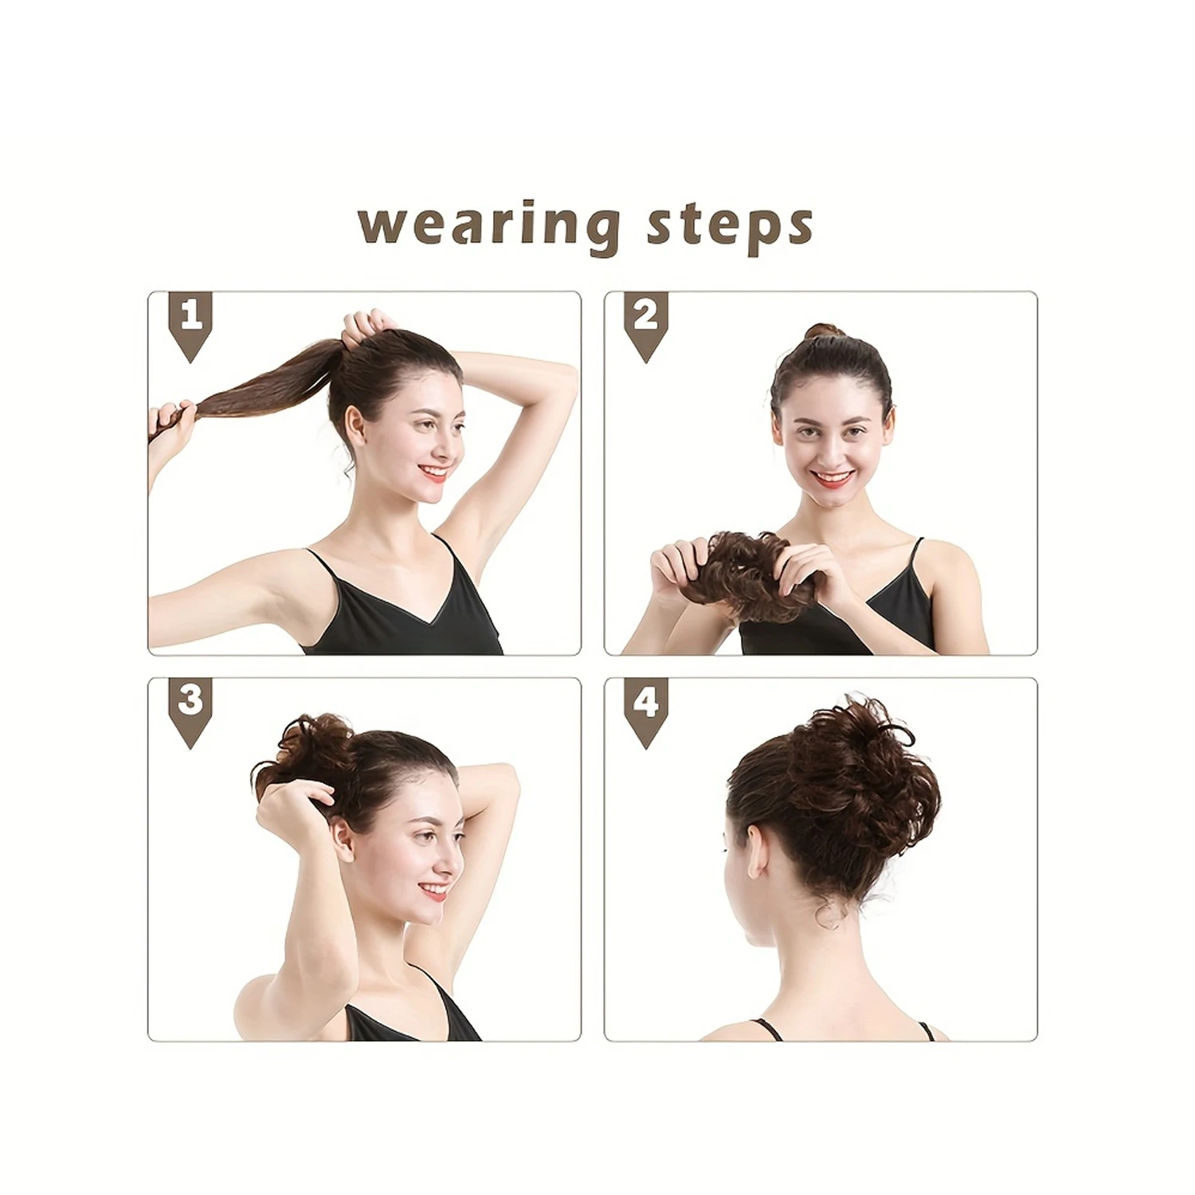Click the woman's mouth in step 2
pyautogui.click(x=833, y=477)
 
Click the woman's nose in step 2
pyautogui.click(x=830, y=450)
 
